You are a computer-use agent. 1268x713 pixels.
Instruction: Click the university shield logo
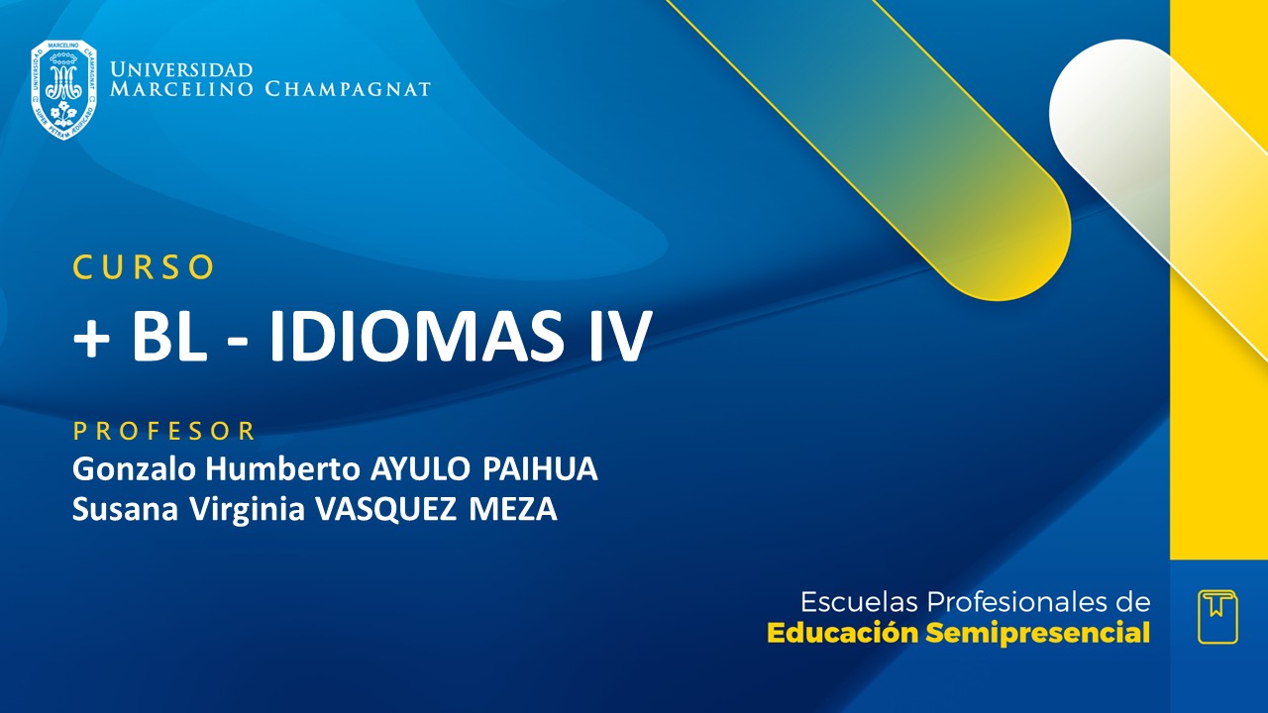(x=63, y=89)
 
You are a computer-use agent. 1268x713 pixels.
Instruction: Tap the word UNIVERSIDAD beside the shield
(x=181, y=70)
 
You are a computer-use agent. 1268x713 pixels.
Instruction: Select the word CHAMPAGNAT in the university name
(x=348, y=90)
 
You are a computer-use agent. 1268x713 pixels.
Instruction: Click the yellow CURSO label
(x=144, y=266)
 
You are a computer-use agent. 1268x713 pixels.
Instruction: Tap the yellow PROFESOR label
(x=164, y=431)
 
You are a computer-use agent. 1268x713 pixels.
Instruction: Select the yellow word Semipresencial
(x=1038, y=633)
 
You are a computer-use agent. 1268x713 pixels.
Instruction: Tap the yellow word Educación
(x=843, y=633)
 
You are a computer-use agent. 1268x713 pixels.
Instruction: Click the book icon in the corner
(x=1217, y=616)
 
